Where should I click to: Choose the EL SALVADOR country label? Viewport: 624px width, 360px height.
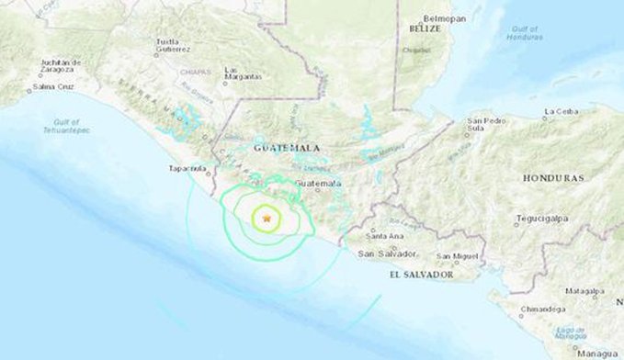tap(422, 275)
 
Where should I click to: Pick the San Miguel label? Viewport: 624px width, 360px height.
tap(457, 255)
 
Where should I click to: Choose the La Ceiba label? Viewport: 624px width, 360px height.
tap(560, 112)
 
